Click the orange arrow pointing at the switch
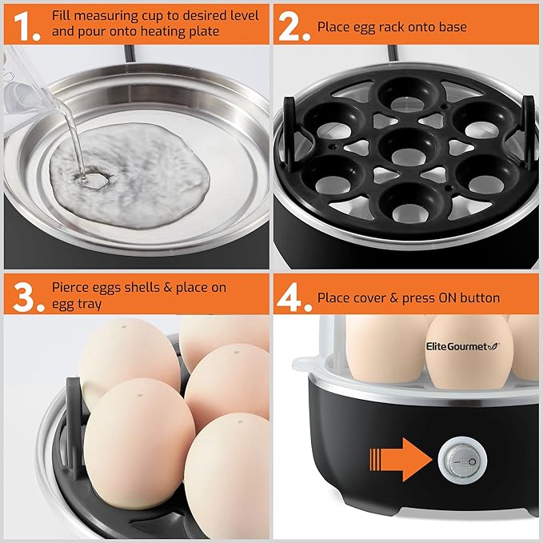[x=401, y=460]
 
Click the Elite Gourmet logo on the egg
[x=463, y=346]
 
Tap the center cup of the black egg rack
[x=408, y=147]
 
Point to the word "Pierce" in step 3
[x=71, y=287]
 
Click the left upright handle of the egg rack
[x=290, y=134]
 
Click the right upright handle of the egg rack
[x=529, y=134]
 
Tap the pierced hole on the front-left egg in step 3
[x=140, y=395]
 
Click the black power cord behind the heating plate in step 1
[x=130, y=54]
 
